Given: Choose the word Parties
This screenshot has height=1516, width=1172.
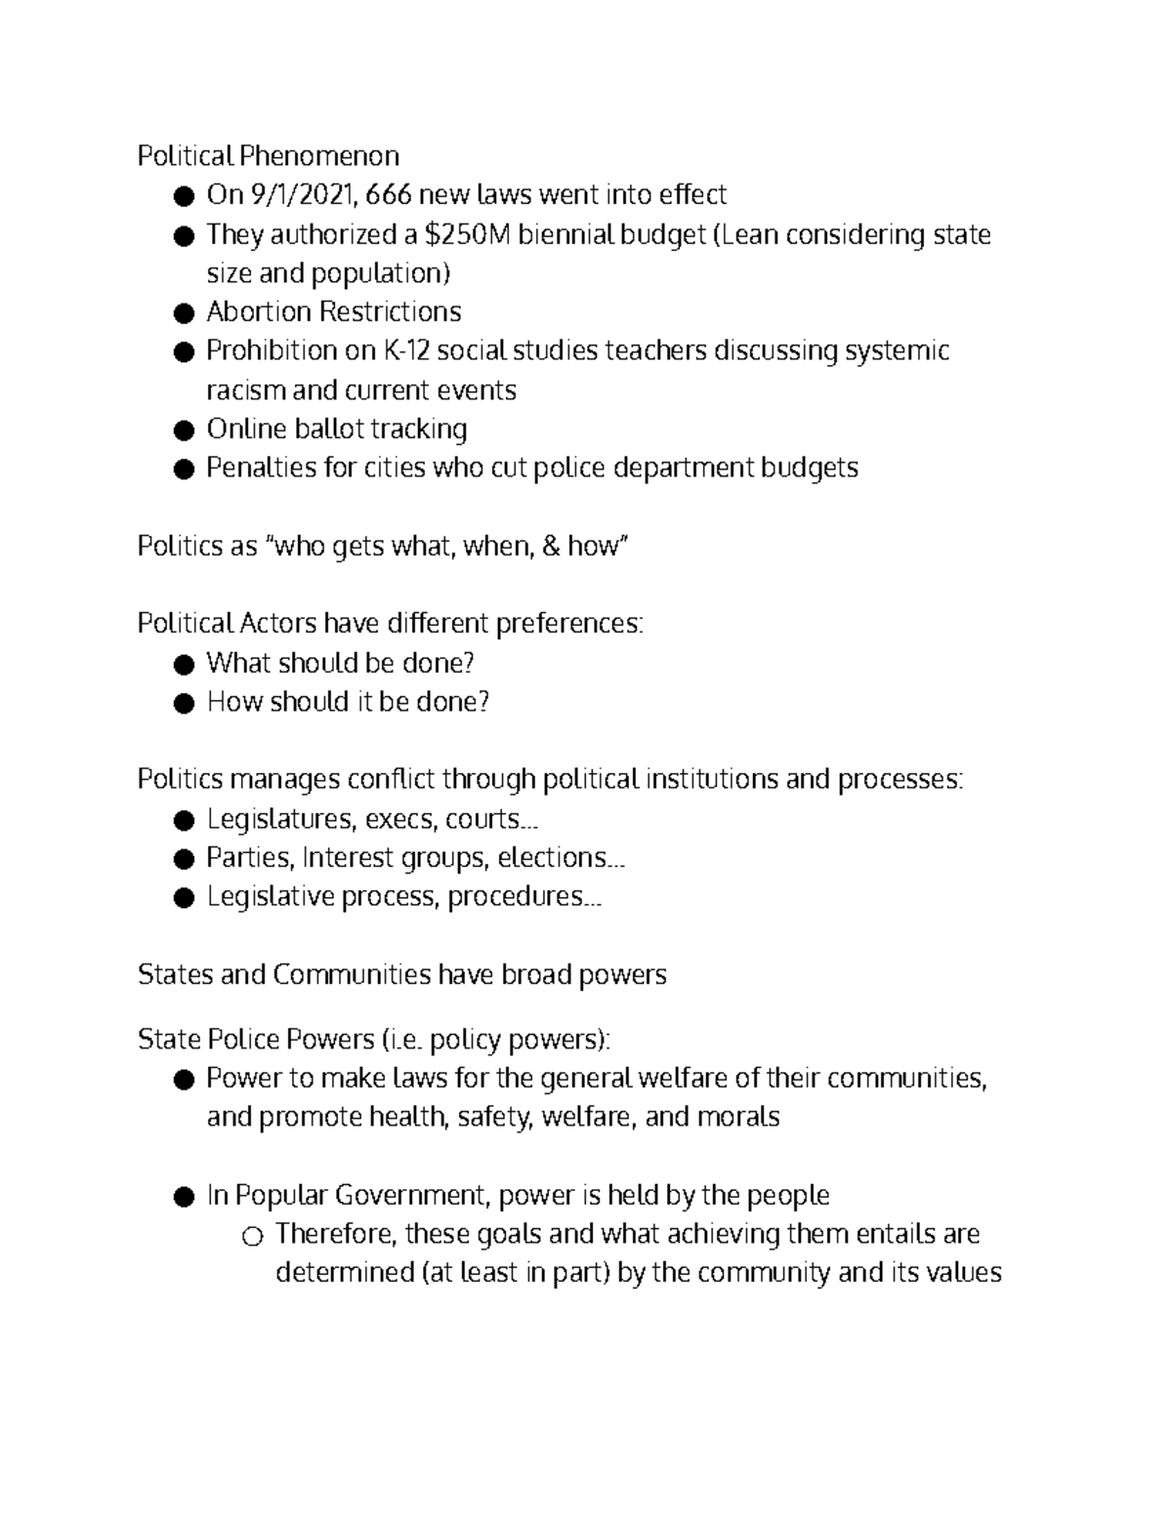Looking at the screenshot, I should (x=249, y=857).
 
